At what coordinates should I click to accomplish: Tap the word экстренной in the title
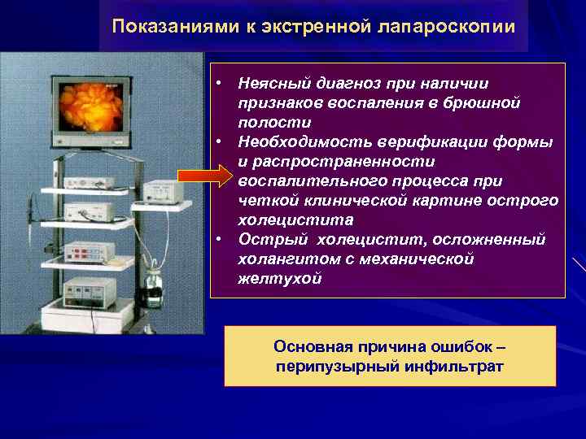point(310,26)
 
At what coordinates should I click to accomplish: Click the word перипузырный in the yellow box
point(326,366)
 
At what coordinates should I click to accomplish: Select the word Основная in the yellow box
point(306,347)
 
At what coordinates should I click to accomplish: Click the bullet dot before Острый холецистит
point(220,240)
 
